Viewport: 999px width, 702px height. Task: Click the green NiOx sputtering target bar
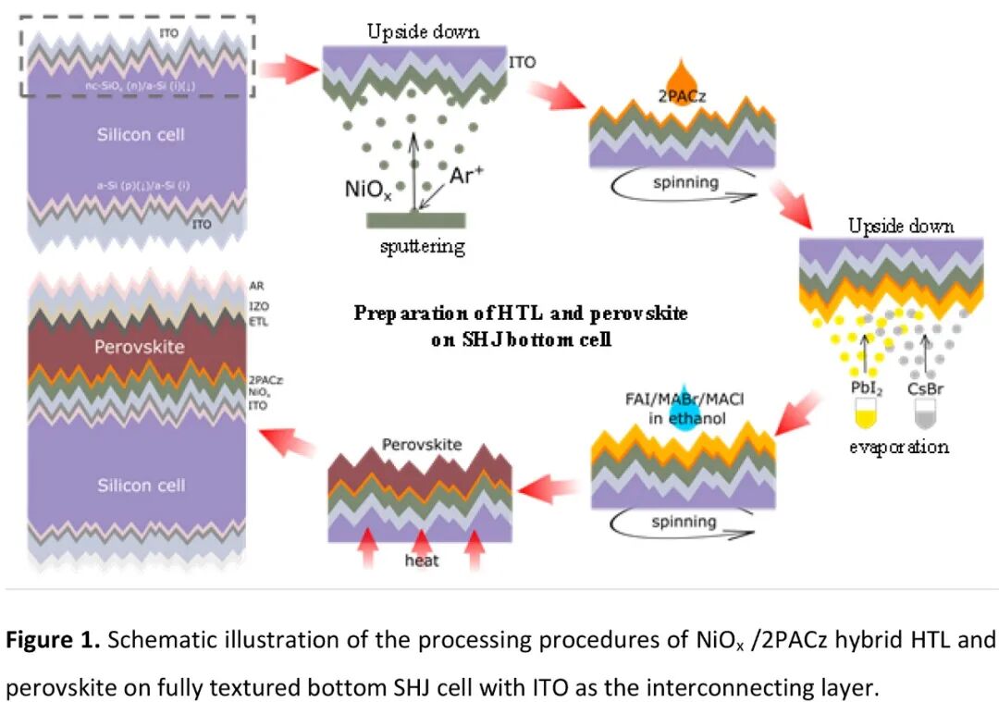[415, 219]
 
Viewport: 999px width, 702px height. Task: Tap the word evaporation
[899, 448]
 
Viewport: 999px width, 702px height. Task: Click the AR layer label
[256, 286]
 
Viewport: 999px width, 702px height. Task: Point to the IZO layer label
[258, 304]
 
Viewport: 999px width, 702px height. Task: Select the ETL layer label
[258, 321]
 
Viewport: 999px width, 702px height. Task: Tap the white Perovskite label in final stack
[139, 348]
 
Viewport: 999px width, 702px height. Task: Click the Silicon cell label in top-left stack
[141, 135]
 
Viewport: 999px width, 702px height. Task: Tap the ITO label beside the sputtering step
[521, 63]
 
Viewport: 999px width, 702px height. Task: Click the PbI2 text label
[866, 388]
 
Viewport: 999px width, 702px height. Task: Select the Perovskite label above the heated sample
[421, 445]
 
